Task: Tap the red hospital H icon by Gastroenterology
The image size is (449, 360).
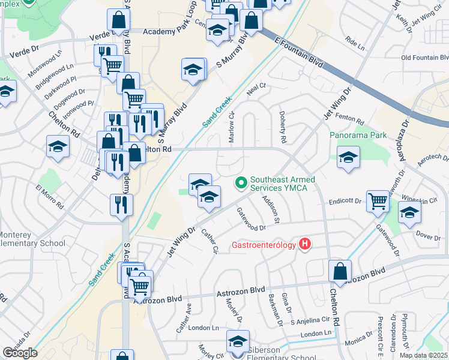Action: coord(306,244)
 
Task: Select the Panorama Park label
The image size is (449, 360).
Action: coord(358,135)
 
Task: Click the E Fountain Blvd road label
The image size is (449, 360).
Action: coord(296,52)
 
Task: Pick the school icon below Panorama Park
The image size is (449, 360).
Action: coord(348,158)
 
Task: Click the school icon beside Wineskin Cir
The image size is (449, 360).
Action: coord(409,213)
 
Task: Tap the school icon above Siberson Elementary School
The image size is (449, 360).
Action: coord(238,341)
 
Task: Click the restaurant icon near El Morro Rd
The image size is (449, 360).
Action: coord(121,205)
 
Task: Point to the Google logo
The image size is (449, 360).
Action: coord(20,353)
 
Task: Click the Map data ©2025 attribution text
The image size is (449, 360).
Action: coord(423,355)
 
